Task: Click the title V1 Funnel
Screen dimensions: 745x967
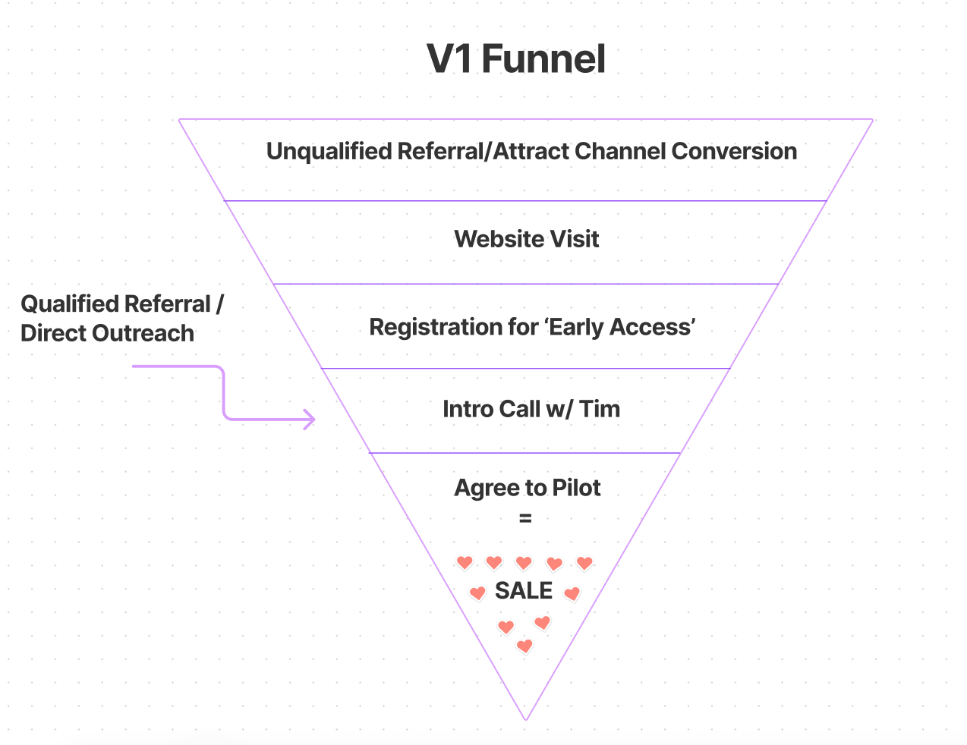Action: point(516,59)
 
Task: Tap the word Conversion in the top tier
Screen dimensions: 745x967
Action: point(734,152)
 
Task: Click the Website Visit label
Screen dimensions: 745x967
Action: point(527,240)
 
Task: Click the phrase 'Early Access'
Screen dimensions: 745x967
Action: point(619,327)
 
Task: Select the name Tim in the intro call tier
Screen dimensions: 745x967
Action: point(600,409)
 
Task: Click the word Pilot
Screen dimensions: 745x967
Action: point(576,488)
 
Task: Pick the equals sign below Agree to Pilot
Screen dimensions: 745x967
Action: point(525,520)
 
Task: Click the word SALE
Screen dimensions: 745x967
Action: point(524,591)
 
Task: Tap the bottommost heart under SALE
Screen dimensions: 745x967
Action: point(524,646)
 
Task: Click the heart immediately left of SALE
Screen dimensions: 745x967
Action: point(477,593)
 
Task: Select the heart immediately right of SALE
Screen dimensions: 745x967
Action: point(572,593)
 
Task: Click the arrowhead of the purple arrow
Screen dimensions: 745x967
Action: point(310,419)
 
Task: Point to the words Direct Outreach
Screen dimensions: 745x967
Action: point(107,334)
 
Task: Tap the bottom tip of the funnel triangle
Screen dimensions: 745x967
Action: point(525,718)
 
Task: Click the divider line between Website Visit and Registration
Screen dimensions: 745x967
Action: point(526,284)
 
